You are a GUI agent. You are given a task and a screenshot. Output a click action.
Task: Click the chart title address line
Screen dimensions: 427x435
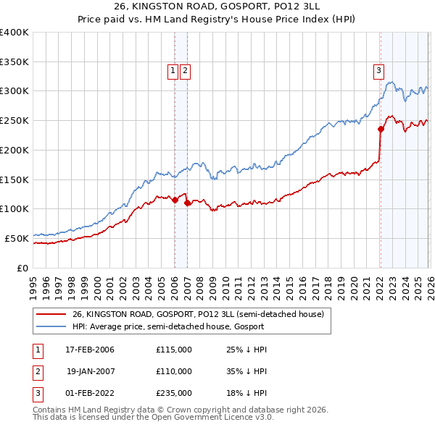(x=217, y=5)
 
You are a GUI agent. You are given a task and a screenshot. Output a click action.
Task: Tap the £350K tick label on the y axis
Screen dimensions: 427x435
(x=14, y=62)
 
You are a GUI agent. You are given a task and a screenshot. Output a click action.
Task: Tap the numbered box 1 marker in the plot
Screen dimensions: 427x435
(x=173, y=70)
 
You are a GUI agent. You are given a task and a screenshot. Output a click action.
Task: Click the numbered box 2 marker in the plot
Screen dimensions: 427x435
(x=186, y=70)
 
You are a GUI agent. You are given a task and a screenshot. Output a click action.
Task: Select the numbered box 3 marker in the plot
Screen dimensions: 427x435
(x=378, y=70)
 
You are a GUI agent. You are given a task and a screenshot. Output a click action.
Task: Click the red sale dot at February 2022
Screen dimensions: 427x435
(x=380, y=130)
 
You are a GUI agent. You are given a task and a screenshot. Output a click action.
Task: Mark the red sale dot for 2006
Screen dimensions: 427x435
(x=175, y=200)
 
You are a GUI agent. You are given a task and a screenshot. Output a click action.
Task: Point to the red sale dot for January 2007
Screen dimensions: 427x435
(x=187, y=203)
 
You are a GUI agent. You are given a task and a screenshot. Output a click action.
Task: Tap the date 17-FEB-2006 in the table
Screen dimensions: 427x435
(x=90, y=350)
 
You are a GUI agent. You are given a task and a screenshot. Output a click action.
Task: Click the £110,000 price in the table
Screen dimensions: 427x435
(x=174, y=371)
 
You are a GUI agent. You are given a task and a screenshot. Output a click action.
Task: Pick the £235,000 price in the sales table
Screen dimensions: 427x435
(x=174, y=393)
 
